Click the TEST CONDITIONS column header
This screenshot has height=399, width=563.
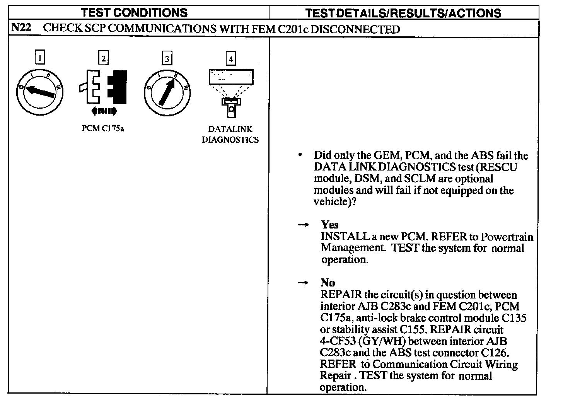(134, 12)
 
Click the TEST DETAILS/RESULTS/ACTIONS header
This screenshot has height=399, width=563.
(403, 13)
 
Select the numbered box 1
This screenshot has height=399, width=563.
(39, 58)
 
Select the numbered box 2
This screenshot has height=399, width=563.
(103, 58)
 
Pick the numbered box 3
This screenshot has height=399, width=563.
(167, 58)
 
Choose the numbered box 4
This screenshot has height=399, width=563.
(230, 59)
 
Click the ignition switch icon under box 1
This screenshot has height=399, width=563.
(39, 92)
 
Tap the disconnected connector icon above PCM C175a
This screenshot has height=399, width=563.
(103, 87)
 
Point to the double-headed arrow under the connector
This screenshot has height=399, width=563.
(103, 111)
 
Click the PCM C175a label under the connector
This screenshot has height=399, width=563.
(103, 129)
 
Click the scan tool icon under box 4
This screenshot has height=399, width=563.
(231, 91)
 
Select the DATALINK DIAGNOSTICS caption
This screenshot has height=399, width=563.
(230, 135)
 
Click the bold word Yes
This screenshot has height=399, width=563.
(329, 225)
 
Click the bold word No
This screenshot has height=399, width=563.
(328, 283)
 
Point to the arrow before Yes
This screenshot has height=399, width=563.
(304, 225)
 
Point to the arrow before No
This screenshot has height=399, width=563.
(303, 283)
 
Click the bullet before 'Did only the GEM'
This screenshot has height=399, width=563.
(300, 155)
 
